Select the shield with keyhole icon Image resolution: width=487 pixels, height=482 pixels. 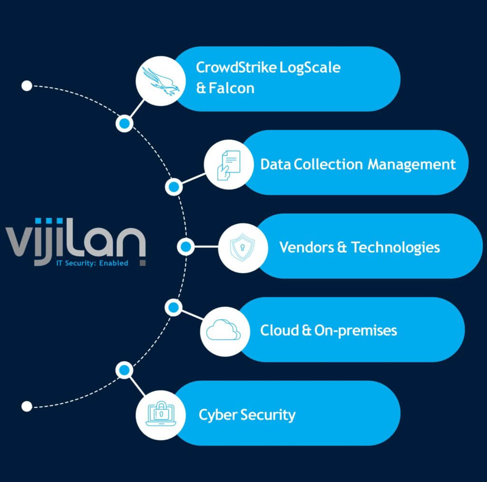click(242, 247)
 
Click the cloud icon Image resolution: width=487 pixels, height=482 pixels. click(224, 330)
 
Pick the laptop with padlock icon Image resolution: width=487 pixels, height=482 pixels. click(160, 414)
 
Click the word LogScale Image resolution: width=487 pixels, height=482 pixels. click(310, 67)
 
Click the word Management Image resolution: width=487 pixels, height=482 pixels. click(412, 164)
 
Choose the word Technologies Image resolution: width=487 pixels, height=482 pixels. click(396, 247)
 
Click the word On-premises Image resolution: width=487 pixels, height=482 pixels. click(356, 331)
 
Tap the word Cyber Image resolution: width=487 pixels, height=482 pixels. click(218, 415)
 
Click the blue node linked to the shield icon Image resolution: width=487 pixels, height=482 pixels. click(185, 247)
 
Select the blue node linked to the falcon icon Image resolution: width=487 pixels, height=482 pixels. click(125, 123)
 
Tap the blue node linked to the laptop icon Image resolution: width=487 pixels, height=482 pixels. click(125, 369)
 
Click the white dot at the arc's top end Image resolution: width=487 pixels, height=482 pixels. click(27, 86)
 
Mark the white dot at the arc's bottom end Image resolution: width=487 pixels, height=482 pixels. click(27, 406)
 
